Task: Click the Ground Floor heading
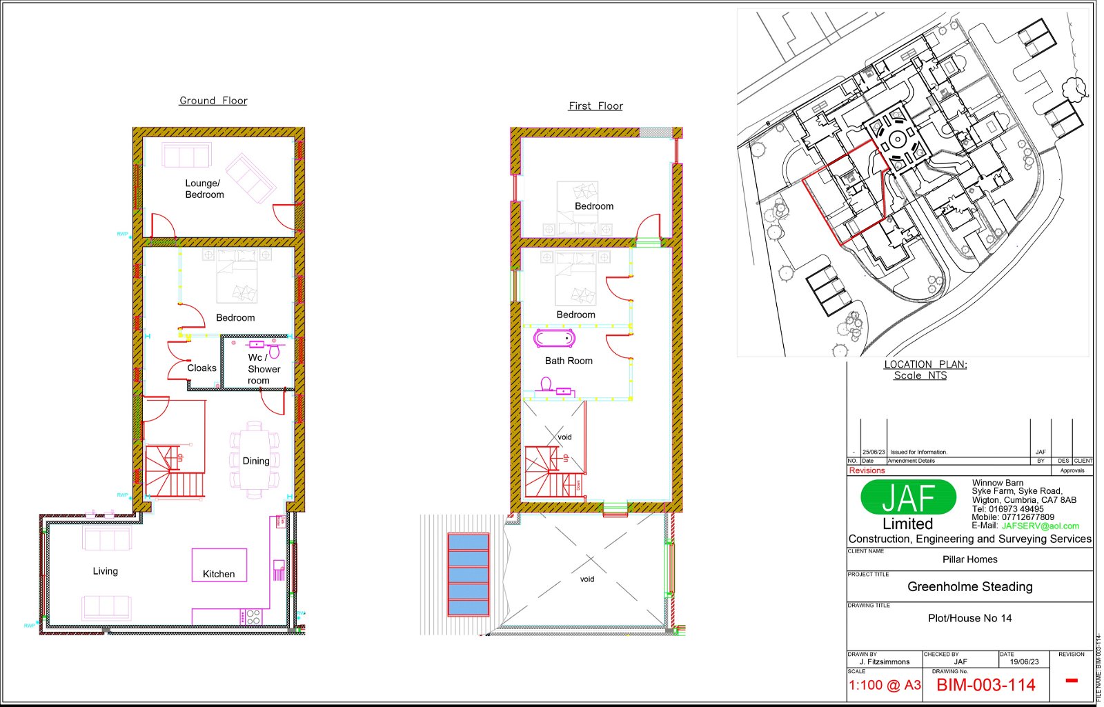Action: click(213, 101)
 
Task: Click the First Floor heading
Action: click(595, 106)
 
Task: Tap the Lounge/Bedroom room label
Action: click(204, 189)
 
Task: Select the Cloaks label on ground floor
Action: click(201, 368)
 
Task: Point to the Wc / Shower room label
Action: click(264, 369)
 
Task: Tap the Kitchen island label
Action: click(219, 574)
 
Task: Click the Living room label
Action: click(106, 571)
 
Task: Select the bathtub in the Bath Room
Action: click(554, 339)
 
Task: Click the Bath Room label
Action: click(569, 361)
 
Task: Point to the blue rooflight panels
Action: click(469, 574)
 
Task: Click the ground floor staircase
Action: click(174, 471)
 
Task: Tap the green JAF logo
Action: click(908, 497)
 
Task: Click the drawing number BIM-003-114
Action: click(985, 685)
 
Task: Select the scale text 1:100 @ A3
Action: click(885, 685)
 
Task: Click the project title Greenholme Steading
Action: click(969, 587)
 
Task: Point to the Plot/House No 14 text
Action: click(969, 618)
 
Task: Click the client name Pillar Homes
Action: click(969, 559)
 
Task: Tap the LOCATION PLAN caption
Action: click(925, 365)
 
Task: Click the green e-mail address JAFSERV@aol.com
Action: click(1040, 526)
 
